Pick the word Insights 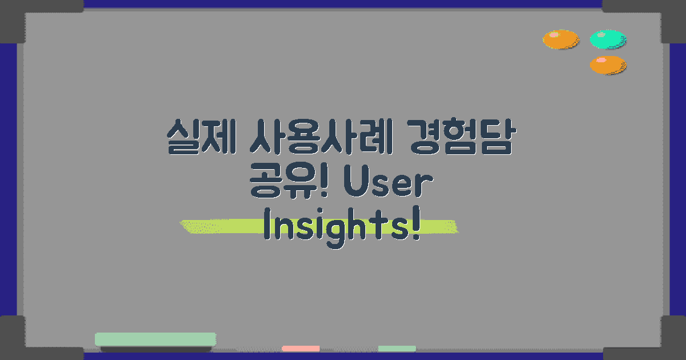(337, 227)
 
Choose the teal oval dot (608, 39)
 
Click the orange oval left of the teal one (561, 39)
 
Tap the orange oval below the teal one (608, 65)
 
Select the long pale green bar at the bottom (155, 339)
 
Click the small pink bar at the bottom (301, 348)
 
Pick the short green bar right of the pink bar (397, 348)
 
